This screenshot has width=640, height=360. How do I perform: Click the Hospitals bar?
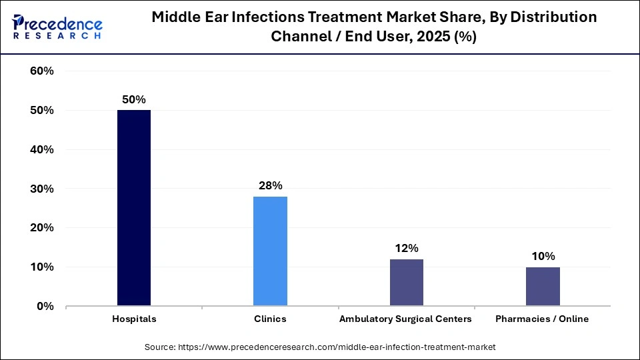tap(134, 208)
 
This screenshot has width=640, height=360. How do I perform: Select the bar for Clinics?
tap(270, 251)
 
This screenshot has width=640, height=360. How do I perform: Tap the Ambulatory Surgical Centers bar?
tap(406, 282)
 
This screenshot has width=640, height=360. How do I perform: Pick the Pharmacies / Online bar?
tap(543, 286)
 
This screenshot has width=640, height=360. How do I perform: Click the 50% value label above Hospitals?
tap(133, 99)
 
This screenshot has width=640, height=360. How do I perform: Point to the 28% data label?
tap(270, 185)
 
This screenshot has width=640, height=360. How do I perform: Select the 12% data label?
tap(406, 248)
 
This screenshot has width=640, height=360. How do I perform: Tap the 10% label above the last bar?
tap(543, 256)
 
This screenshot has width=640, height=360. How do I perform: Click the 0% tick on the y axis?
tap(45, 307)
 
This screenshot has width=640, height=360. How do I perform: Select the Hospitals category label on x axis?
tap(134, 319)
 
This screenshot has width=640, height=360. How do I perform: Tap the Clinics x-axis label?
tap(270, 319)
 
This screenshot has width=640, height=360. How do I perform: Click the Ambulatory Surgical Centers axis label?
tap(405, 319)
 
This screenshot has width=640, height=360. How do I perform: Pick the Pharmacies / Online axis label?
tap(542, 319)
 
